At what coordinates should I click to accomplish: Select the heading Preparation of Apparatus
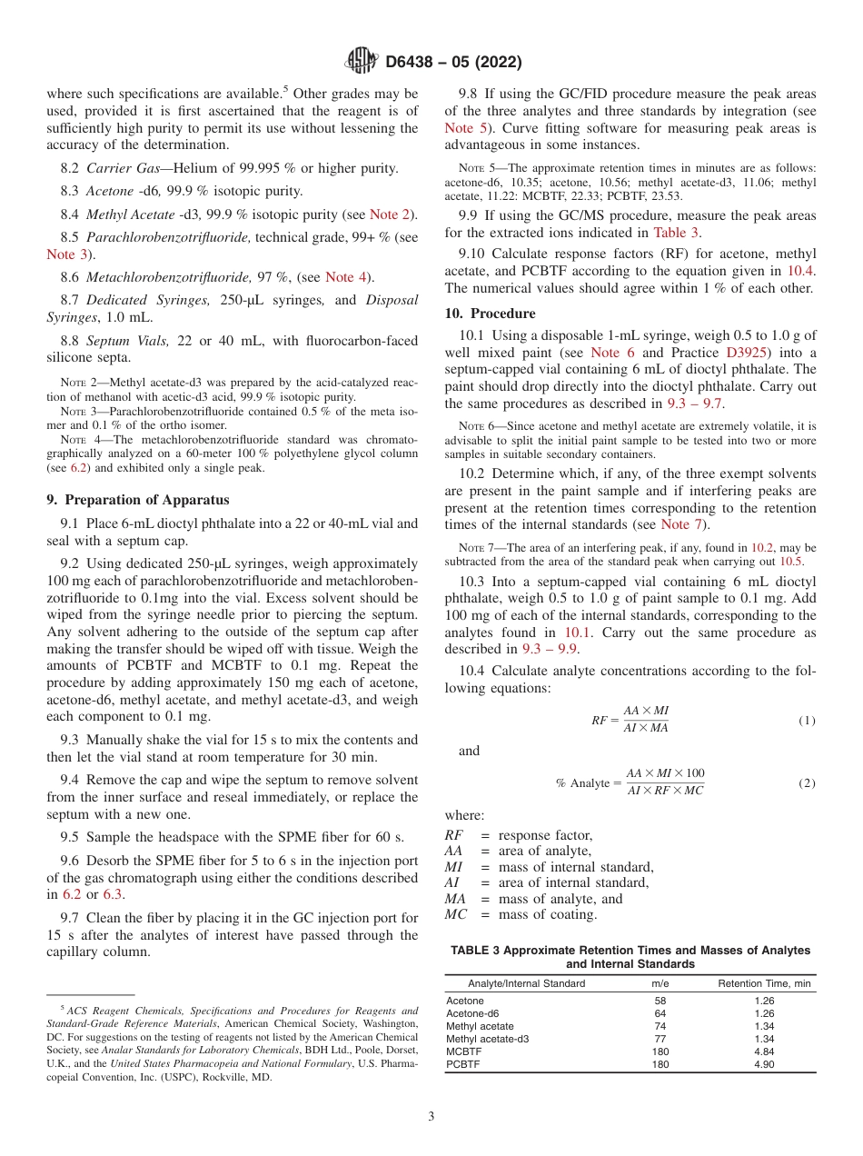pos(137,500)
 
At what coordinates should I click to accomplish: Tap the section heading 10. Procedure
pos(490,314)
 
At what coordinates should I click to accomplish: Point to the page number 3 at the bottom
pos(431,1117)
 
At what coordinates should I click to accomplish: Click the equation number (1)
pos(807,721)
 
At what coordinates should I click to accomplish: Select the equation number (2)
pos(807,782)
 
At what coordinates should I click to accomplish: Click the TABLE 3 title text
pos(630,957)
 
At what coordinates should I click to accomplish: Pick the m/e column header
pos(660,983)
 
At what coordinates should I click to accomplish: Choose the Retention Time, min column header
pos(764,983)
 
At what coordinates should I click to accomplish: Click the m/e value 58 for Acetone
pos(660,1001)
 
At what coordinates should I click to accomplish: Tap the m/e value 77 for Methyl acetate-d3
pos(660,1039)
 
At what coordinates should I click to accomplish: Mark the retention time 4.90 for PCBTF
pos(764,1064)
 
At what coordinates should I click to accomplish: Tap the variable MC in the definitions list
pos(455,914)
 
